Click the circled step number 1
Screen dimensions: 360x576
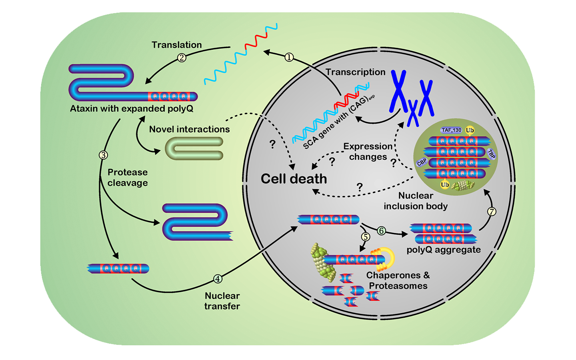pos(289,58)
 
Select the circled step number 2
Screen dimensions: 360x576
pos(182,58)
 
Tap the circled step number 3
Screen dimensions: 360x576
pos(103,155)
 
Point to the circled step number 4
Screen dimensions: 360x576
pos(218,279)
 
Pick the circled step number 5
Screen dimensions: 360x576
pos(366,237)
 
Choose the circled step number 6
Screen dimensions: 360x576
pos(381,231)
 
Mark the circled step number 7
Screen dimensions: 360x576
pos(492,212)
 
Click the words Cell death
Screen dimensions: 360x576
pos(294,179)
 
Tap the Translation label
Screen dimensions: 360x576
pos(176,45)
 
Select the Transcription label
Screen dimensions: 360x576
pos(355,72)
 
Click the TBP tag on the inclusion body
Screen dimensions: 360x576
pos(491,154)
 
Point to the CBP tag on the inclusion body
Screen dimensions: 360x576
pos(422,162)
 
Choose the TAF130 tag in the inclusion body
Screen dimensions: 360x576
pos(452,130)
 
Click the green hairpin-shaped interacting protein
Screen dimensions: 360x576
pos(194,148)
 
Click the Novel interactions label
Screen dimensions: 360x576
pos(189,129)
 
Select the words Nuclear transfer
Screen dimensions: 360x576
pos(222,301)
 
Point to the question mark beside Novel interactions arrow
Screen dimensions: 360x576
pos(272,144)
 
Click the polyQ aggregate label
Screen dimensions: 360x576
pos(444,250)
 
